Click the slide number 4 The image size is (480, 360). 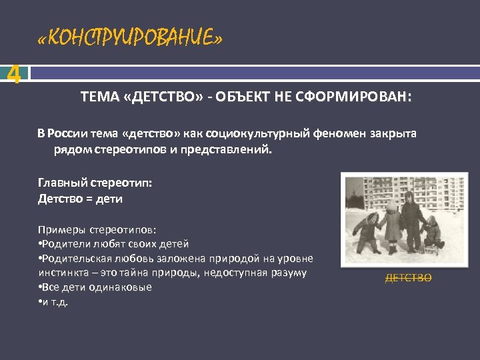click(x=12, y=75)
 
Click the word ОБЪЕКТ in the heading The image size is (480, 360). click(x=250, y=99)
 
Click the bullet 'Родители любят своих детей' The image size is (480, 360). click(x=113, y=243)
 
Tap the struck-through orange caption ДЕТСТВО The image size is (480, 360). click(x=408, y=278)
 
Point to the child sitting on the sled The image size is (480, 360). click(x=433, y=233)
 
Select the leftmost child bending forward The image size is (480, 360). click(x=367, y=230)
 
